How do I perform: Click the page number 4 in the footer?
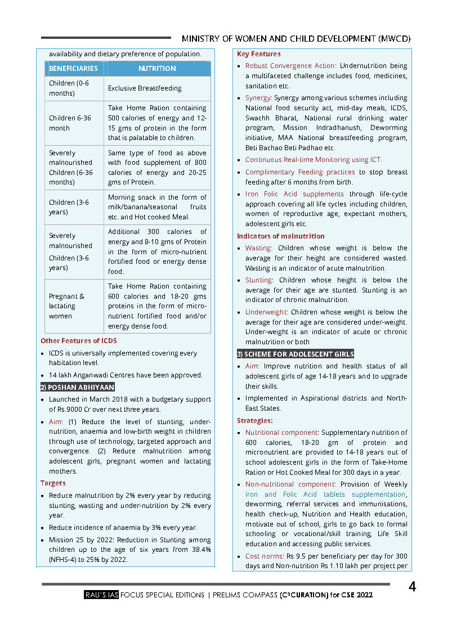point(413,587)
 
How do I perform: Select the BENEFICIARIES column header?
point(73,69)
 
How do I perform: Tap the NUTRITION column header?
point(157,69)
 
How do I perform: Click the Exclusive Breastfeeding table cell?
point(145,88)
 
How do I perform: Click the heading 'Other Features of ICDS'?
point(79,341)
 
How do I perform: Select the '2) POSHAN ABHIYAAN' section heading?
point(78,387)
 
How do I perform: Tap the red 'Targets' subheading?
point(53,483)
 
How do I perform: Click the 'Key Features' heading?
point(258,54)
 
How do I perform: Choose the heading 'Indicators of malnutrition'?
point(280,236)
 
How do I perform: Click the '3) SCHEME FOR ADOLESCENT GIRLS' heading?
point(296,354)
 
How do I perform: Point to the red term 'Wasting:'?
point(259,248)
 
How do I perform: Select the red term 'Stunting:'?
point(259,280)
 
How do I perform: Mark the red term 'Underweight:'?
point(266,312)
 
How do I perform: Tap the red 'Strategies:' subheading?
point(254,421)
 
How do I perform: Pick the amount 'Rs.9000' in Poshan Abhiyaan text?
point(62,409)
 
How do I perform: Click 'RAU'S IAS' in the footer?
point(100,595)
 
